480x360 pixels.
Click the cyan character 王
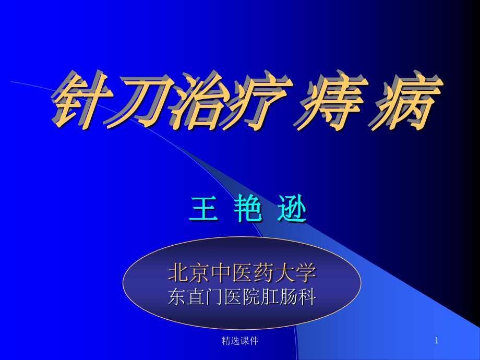pyautogui.click(x=203, y=211)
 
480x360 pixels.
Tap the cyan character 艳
pyautogui.click(x=247, y=211)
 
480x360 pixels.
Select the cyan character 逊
pyautogui.click(x=291, y=211)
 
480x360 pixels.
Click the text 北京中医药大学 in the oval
pyautogui.click(x=242, y=272)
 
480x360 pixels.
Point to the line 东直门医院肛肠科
pyautogui.click(x=242, y=297)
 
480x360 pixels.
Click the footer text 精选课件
pyautogui.click(x=240, y=341)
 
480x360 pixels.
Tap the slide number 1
pyautogui.click(x=437, y=341)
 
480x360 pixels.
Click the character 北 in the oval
pyautogui.click(x=177, y=272)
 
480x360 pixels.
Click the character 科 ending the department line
pyautogui.click(x=307, y=297)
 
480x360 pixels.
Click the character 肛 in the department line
pyautogui.click(x=270, y=297)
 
